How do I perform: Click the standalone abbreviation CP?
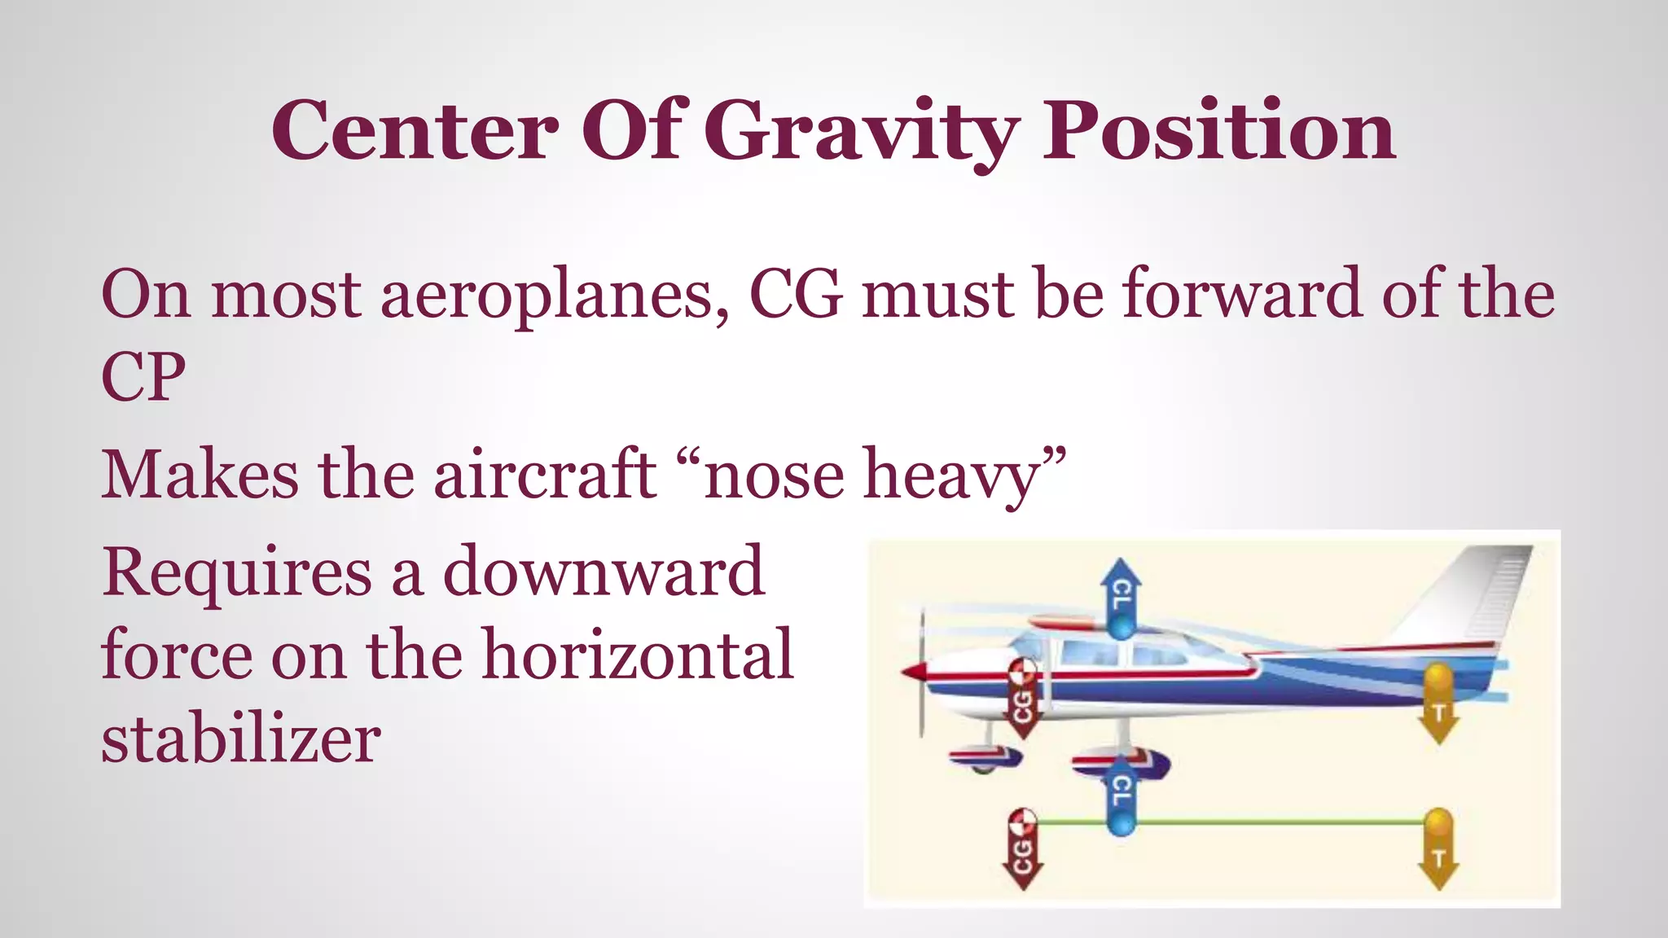pos(143,378)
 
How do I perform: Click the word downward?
pos(603,572)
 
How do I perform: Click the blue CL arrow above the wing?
pos(1121,599)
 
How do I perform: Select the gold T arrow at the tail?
pos(1438,703)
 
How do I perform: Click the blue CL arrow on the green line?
pos(1121,795)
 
